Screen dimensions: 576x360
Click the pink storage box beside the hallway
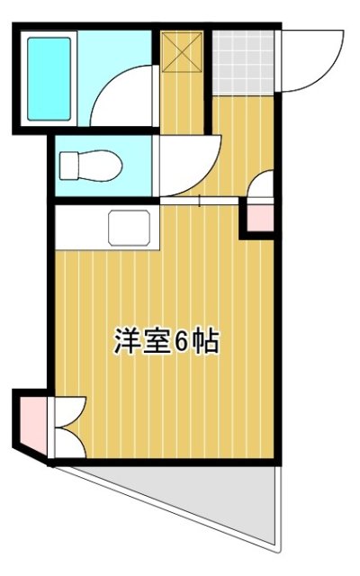coord(258,217)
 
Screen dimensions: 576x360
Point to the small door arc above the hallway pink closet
coord(261,187)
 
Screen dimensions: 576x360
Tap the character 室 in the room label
coord(155,342)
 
